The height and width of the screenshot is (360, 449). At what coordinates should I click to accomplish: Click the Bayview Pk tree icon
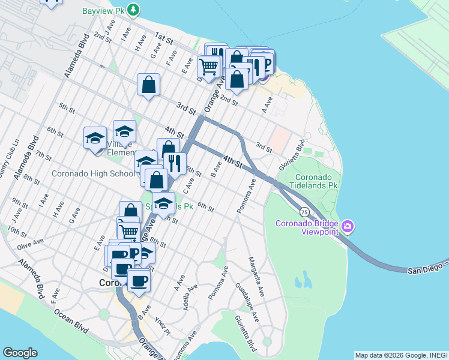(134, 10)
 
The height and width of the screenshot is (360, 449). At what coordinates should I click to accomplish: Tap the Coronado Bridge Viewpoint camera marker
(348, 227)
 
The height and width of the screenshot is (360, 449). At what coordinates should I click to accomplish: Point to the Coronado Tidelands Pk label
(316, 181)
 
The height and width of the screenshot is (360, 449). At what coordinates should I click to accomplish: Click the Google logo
(20, 353)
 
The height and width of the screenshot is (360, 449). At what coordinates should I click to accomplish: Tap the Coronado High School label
(93, 174)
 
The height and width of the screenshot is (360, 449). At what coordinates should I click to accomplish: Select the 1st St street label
(163, 40)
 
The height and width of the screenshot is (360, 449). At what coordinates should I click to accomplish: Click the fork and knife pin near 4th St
(175, 163)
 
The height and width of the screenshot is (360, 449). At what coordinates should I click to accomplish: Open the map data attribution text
(401, 355)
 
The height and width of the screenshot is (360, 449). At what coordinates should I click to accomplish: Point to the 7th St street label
(43, 155)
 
